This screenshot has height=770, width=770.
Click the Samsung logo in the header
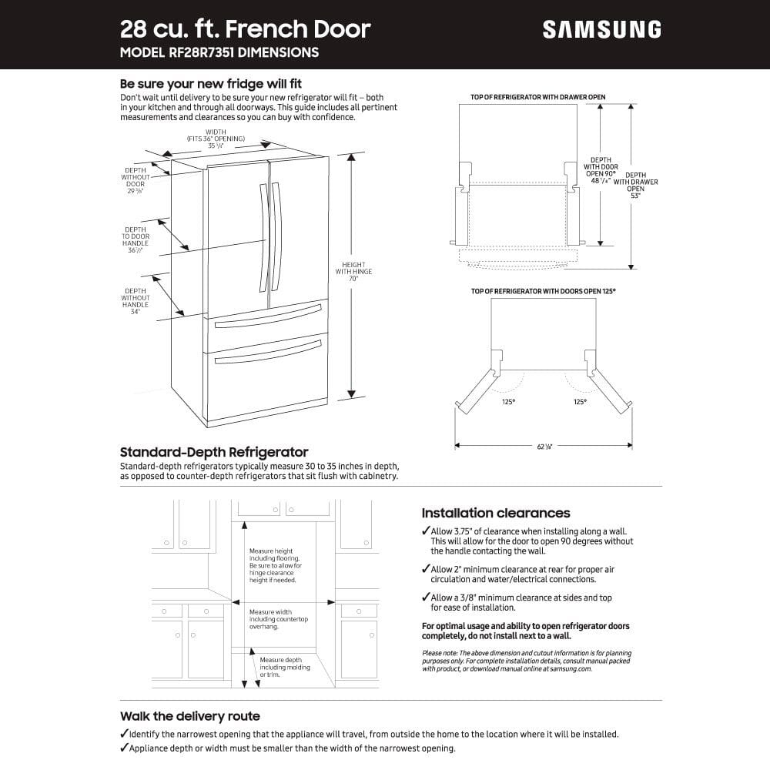(x=601, y=29)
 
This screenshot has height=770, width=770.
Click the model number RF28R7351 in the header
(x=196, y=52)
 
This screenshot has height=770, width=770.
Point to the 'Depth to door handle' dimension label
(x=136, y=239)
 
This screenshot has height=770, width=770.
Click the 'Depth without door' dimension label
(x=136, y=181)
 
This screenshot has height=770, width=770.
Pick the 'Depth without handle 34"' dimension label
(x=136, y=301)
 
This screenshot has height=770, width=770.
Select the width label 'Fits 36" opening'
(x=216, y=139)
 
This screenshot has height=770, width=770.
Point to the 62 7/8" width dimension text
(x=544, y=447)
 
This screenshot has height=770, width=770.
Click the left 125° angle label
(x=508, y=401)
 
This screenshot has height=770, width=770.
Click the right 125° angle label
(x=580, y=401)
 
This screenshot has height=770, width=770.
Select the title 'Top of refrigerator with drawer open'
(x=537, y=97)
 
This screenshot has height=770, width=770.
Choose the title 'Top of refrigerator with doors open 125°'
(x=543, y=291)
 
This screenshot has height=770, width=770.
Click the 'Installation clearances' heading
(x=496, y=513)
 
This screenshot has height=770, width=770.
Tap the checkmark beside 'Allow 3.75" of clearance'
(x=426, y=531)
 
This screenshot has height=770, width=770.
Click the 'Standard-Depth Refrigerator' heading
(x=214, y=452)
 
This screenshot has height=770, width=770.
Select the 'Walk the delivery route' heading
(x=189, y=716)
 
